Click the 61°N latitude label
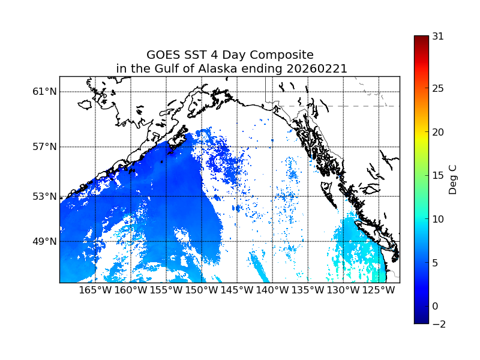pos(45,92)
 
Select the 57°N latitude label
pos(45,147)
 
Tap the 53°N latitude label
pos(45,196)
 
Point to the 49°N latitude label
pos(45,241)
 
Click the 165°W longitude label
pos(95,290)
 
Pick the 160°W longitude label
pos(131,290)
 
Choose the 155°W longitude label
pos(166,290)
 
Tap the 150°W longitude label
pos(202,290)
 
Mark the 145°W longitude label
pos(237,290)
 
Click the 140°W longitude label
pos(272,290)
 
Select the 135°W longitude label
pos(308,290)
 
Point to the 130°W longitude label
pos(343,290)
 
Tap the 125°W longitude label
pos(379,290)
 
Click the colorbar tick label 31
pos(438,36)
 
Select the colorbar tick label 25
pos(438,89)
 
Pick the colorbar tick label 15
pos(438,176)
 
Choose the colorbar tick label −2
pos(438,324)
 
